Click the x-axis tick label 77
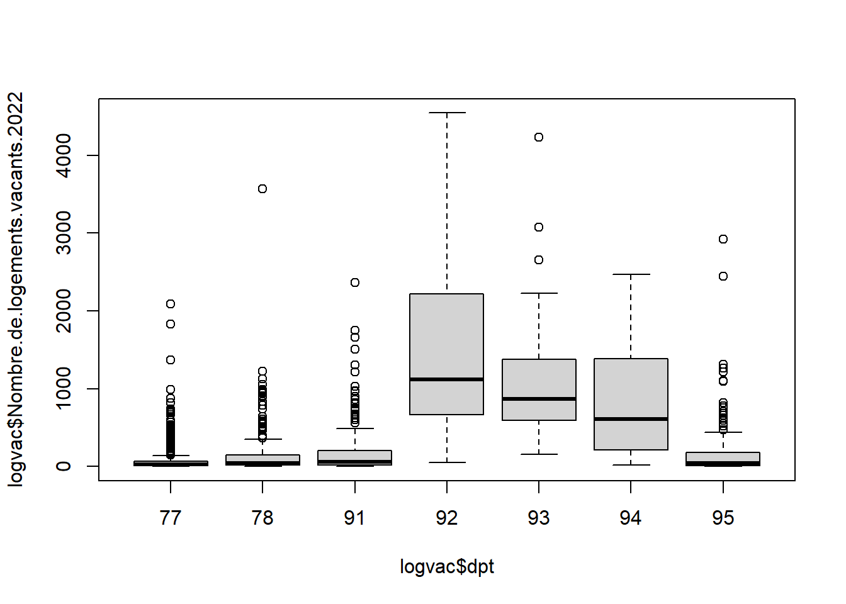pyautogui.click(x=171, y=518)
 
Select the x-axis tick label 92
pyautogui.click(x=447, y=518)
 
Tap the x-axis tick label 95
pyautogui.click(x=723, y=518)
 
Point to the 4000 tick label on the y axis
pyautogui.click(x=64, y=155)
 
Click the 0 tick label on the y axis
pyautogui.click(x=64, y=466)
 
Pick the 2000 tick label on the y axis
pyautogui.click(x=64, y=311)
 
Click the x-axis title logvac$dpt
pyautogui.click(x=447, y=566)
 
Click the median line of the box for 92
pyautogui.click(x=447, y=379)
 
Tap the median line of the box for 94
pyautogui.click(x=631, y=419)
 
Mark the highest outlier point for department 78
pyautogui.click(x=262, y=189)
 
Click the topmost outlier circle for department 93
pyautogui.click(x=539, y=137)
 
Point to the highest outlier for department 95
pyautogui.click(x=723, y=239)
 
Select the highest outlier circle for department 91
pyautogui.click(x=355, y=282)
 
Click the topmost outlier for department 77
pyautogui.click(x=171, y=304)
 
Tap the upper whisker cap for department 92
pyautogui.click(x=447, y=113)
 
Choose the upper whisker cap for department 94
pyautogui.click(x=631, y=274)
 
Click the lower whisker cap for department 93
pyautogui.click(x=539, y=454)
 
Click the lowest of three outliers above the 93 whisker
pyautogui.click(x=539, y=260)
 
